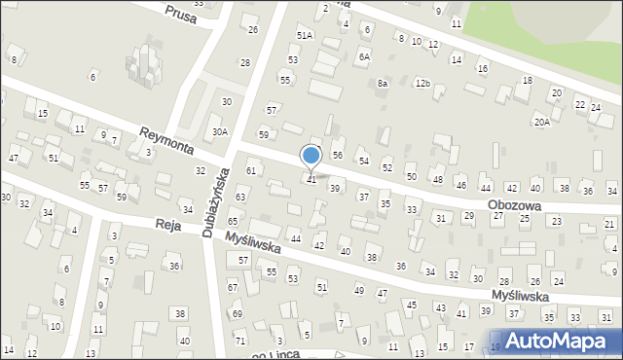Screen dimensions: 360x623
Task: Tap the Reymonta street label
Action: coord(165,141)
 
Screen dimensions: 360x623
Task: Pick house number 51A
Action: coord(305,35)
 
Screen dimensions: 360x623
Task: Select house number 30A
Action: coord(221,132)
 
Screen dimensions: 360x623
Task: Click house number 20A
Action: coord(541,122)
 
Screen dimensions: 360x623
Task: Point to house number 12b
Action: coord(422,84)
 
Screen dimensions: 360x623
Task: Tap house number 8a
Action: coord(383,84)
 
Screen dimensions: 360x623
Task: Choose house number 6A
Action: coord(364,57)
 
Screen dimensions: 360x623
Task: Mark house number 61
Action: coord(250,170)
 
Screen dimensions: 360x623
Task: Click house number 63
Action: coord(240,198)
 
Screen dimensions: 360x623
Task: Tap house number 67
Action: coord(233,287)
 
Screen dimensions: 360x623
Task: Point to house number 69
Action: coord(237,314)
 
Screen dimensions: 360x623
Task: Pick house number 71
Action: coord(240,340)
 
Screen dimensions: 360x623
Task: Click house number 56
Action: coord(338,155)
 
